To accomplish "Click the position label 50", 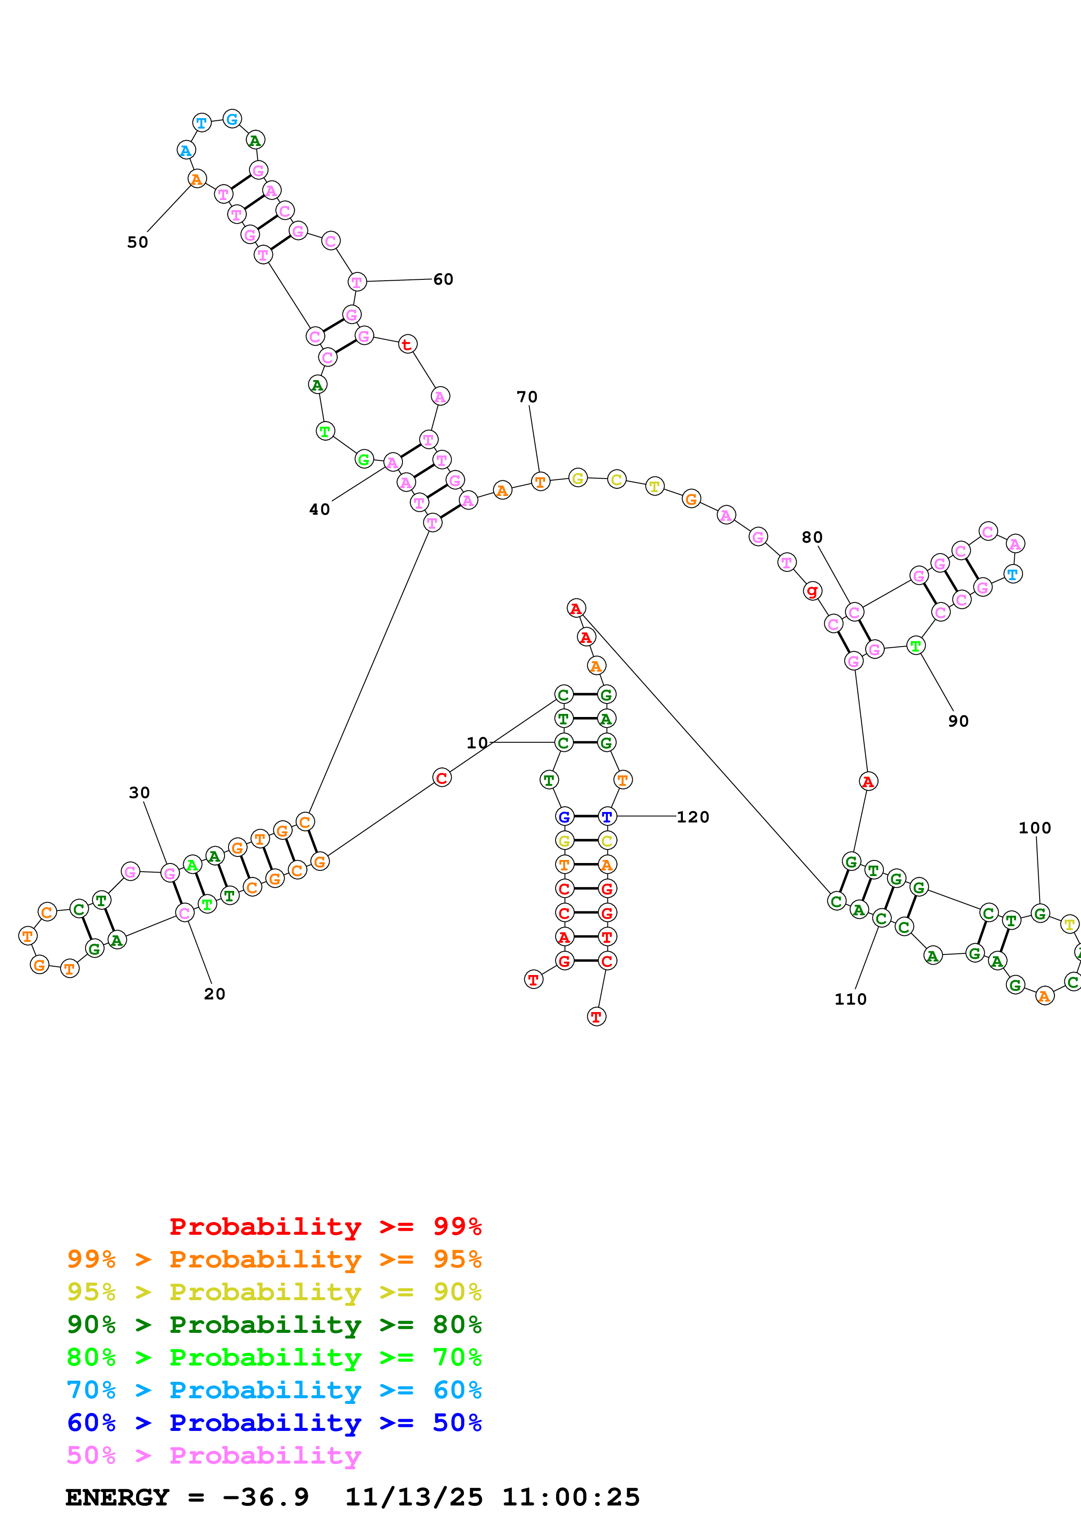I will tap(138, 242).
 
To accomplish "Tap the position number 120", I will tap(693, 817).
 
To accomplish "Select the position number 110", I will tap(851, 999).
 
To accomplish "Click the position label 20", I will tap(215, 994).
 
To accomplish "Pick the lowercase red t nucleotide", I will tap(407, 344).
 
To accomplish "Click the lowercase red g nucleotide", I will tap(812, 591).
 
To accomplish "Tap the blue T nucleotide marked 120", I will tap(607, 816).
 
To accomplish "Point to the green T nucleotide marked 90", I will tap(916, 646).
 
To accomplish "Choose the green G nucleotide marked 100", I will tap(1040, 913).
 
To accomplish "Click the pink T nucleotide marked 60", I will tap(357, 282).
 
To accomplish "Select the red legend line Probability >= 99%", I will tap(325, 1226).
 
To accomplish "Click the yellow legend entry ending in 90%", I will tap(274, 1292).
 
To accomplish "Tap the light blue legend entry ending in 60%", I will tap(274, 1390).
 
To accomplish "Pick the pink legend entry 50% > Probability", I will tap(214, 1455).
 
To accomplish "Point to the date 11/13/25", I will tap(414, 1497).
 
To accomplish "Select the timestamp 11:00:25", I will tap(571, 1497).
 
